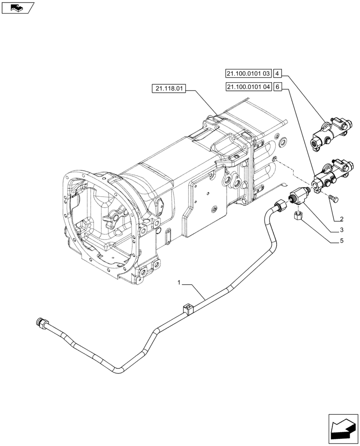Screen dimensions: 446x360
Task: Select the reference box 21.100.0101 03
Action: click(x=248, y=73)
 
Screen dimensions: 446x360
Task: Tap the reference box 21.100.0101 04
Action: click(x=248, y=87)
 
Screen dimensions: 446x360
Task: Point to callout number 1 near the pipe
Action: click(x=179, y=283)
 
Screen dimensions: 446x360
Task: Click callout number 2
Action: click(x=341, y=219)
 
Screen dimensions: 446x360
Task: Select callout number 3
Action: click(x=341, y=231)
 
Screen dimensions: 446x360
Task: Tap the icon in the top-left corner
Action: click(x=17, y=7)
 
